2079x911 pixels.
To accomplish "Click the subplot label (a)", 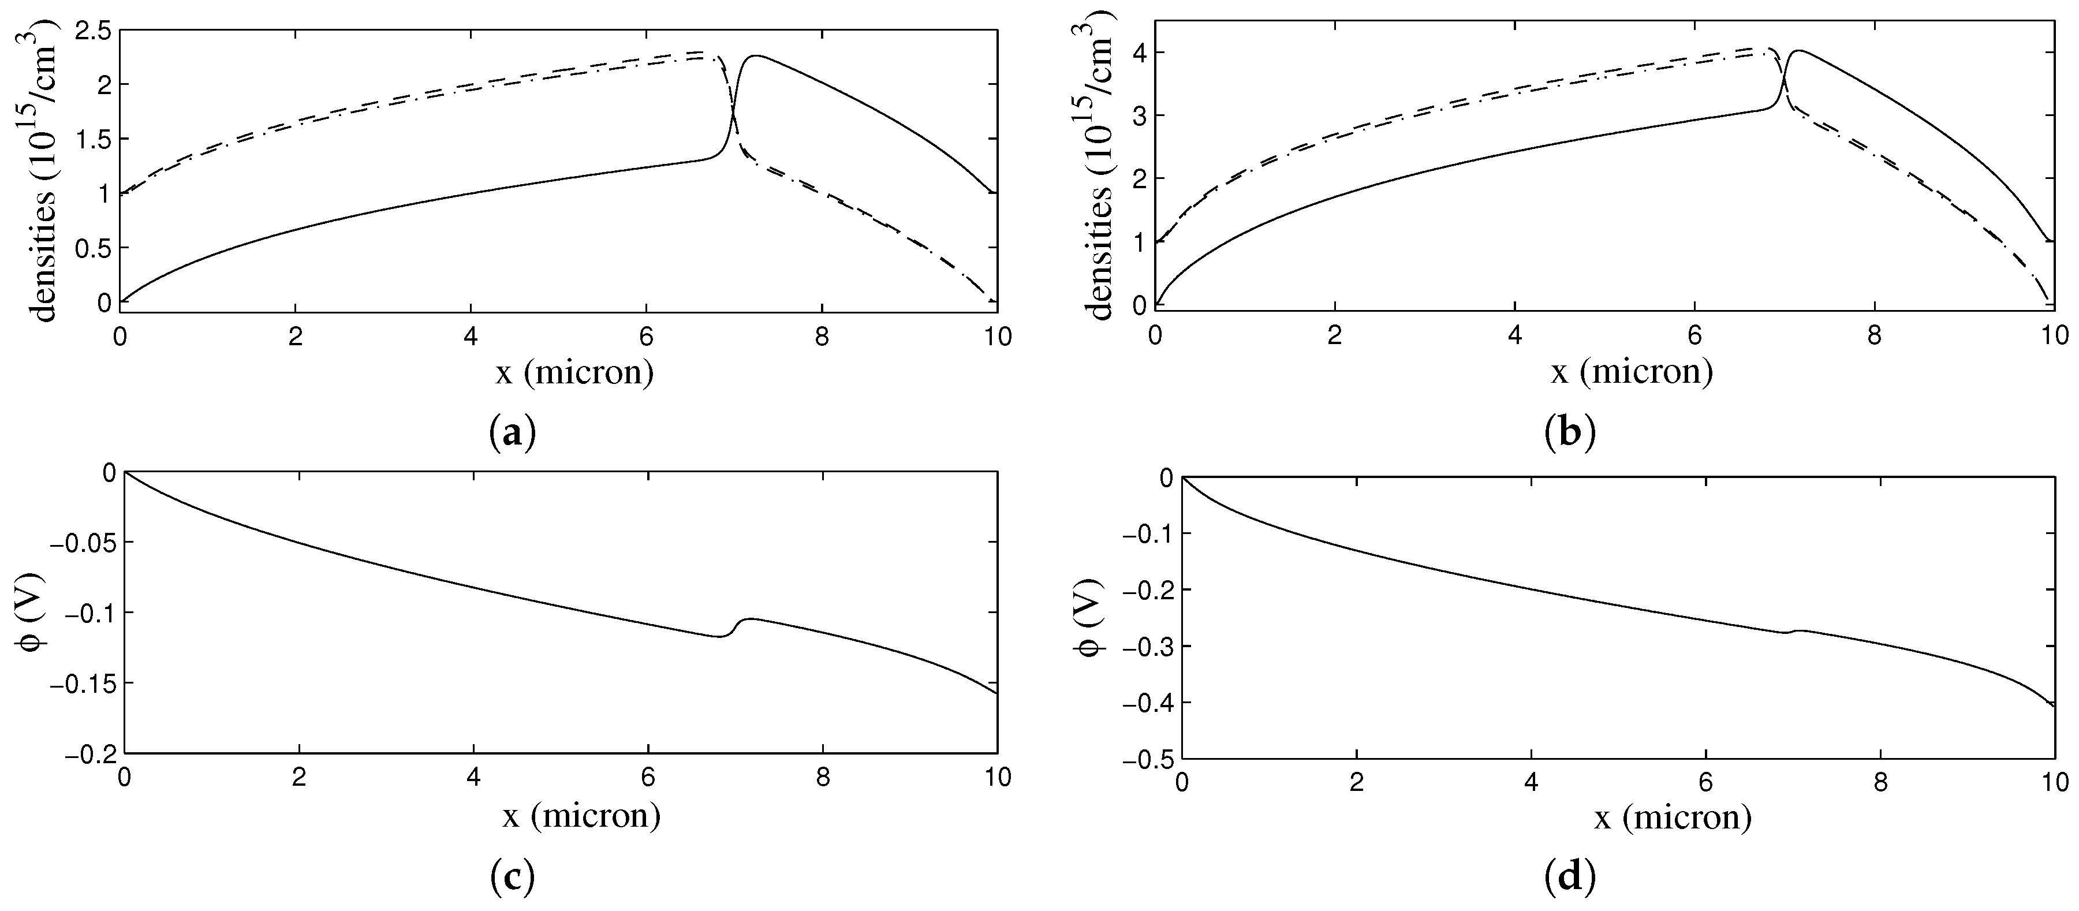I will coord(513,434).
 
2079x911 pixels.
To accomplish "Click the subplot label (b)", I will coord(1569,434).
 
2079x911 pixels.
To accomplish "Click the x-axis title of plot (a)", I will coord(574,373).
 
